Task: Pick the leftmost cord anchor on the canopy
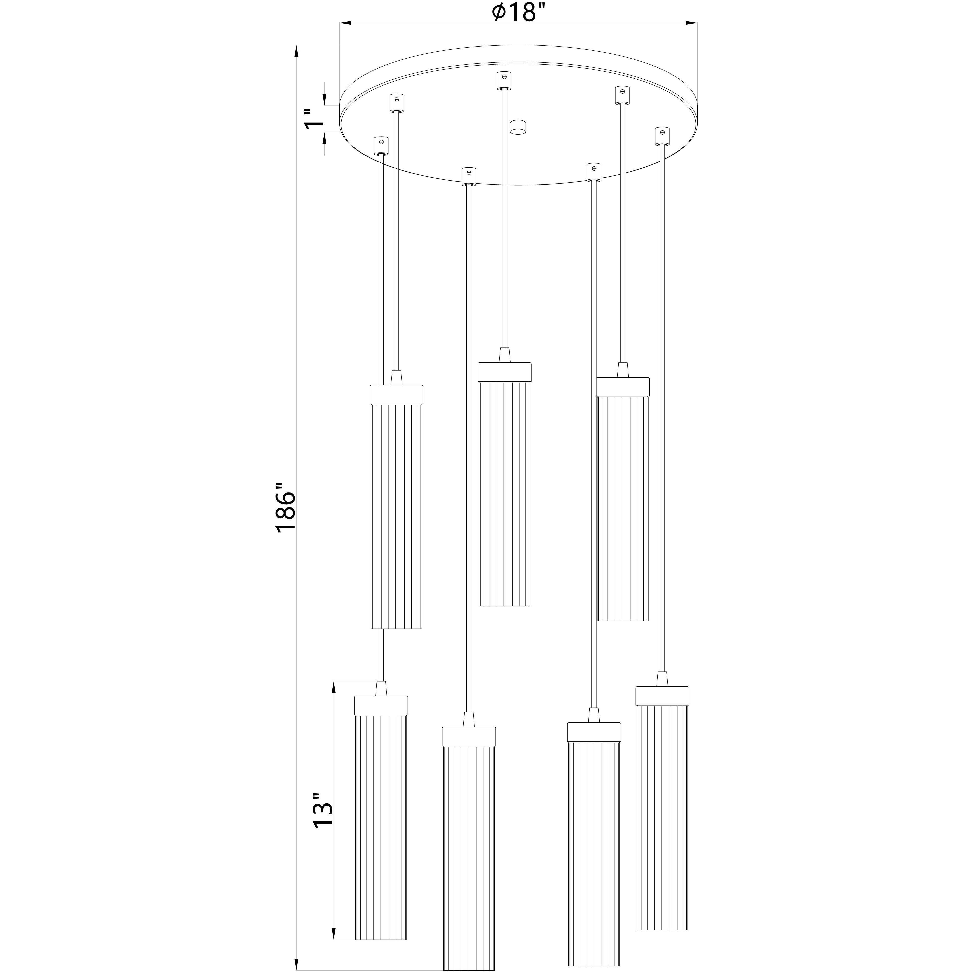click(381, 145)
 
